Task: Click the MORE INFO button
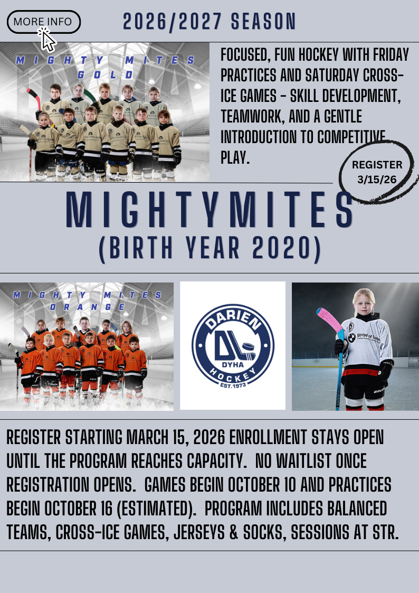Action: [43, 22]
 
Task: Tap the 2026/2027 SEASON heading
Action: [209, 22]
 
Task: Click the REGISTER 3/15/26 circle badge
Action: [378, 172]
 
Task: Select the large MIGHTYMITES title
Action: [209, 210]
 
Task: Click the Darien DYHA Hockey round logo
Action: [233, 346]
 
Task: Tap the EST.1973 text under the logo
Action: [233, 384]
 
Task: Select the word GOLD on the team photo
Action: [106, 75]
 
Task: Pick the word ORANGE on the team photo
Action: [87, 307]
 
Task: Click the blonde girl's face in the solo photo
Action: [364, 304]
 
